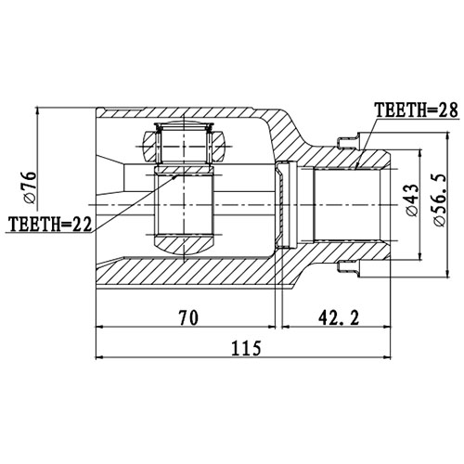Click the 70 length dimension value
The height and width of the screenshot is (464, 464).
pos(188,318)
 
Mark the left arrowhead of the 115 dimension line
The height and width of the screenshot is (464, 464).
pos(100,356)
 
